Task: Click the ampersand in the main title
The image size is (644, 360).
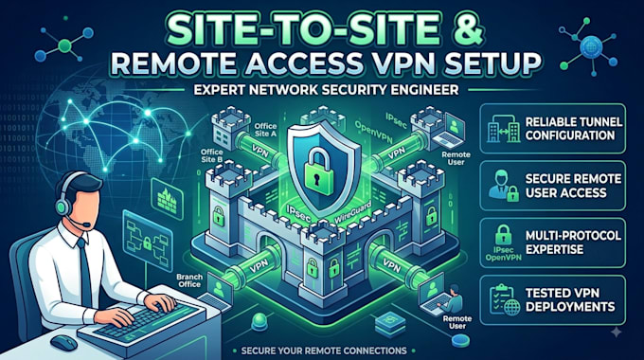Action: click(467, 29)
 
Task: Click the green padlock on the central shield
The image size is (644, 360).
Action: click(319, 171)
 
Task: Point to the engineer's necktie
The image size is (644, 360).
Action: click(84, 272)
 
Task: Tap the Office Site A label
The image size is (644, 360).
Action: click(265, 130)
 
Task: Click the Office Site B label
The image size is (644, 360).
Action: click(212, 155)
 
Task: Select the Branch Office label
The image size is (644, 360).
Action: click(188, 280)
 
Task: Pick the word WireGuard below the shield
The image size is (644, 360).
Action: click(352, 212)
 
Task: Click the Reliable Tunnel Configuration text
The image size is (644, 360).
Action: click(574, 129)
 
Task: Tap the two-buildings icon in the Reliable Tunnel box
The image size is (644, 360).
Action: click(503, 129)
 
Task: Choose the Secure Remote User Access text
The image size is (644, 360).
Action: click(573, 186)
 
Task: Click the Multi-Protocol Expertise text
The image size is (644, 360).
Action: click(573, 243)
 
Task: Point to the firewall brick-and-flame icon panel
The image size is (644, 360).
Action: click(168, 199)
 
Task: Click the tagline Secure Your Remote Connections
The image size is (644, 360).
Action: click(324, 351)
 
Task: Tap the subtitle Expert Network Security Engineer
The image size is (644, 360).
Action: click(326, 89)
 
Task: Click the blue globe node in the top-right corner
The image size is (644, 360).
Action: click(590, 46)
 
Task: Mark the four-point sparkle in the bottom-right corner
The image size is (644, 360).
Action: click(617, 333)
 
